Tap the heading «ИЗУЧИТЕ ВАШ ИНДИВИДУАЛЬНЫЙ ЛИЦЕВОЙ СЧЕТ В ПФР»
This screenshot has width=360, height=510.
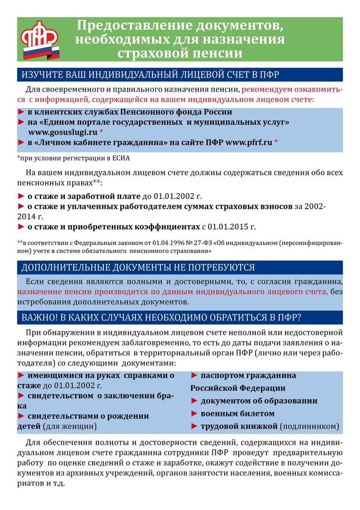coord(151,75)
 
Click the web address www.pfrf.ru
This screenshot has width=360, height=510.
coord(249,142)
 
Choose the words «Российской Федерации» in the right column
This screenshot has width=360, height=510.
coord(238,388)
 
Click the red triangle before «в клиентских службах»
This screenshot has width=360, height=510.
coord(21,112)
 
